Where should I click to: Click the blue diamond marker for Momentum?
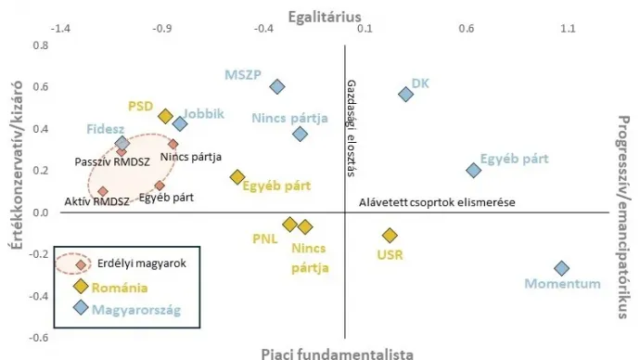click(561, 268)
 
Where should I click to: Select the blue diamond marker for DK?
click(405, 94)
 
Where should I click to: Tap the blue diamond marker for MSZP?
click(276, 86)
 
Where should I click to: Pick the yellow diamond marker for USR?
click(390, 236)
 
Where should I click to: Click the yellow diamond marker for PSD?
click(165, 116)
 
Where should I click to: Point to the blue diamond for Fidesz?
click(122, 144)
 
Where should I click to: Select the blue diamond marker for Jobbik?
click(180, 123)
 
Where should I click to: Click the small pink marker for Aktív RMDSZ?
click(103, 192)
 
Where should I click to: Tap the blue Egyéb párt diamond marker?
click(473, 170)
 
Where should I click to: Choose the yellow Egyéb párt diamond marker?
click(237, 177)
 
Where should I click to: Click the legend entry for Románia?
click(120, 287)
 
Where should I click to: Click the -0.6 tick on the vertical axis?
click(38, 338)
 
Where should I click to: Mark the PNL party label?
click(265, 238)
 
